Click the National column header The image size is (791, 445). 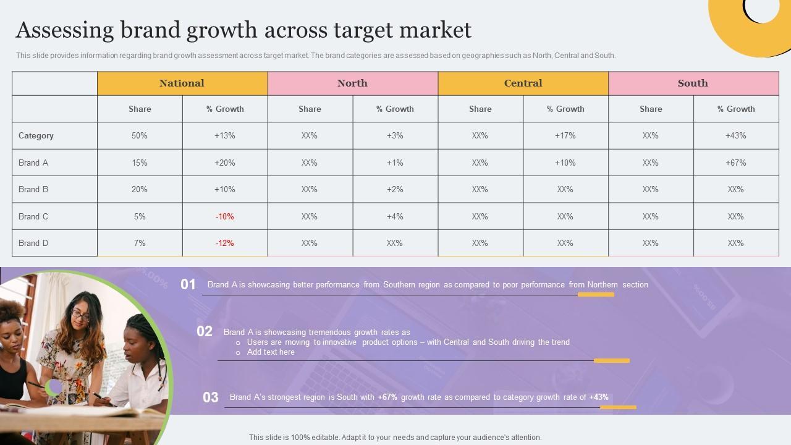tap(182, 83)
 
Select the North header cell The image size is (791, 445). tap(352, 83)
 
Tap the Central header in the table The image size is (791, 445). tap(523, 83)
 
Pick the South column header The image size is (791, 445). tap(693, 83)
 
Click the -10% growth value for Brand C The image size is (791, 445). tap(225, 216)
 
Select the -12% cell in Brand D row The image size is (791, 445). tap(225, 243)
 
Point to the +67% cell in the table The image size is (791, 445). tap(735, 163)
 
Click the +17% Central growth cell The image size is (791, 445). tap(565, 135)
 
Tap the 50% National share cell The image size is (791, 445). tap(140, 135)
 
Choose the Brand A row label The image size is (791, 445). tap(33, 163)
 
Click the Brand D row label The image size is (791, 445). tap(33, 243)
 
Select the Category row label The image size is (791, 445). tap(36, 135)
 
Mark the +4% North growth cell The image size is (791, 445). tap(395, 216)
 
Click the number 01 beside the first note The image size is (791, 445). tap(188, 284)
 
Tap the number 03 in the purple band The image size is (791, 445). tap(211, 397)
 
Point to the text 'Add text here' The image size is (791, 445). tap(271, 352)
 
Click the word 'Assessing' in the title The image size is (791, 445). tap(65, 30)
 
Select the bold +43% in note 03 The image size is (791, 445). tap(599, 397)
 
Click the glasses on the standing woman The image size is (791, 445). tap(80, 314)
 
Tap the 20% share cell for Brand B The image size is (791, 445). tap(140, 189)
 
